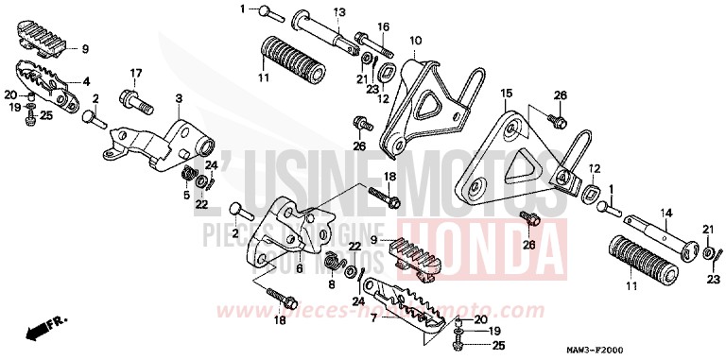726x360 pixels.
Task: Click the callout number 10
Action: pyautogui.click(x=415, y=41)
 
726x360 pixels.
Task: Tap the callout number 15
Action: pyautogui.click(x=506, y=94)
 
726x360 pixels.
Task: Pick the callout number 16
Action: pyautogui.click(x=384, y=26)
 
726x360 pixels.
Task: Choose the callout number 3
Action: pyautogui.click(x=179, y=98)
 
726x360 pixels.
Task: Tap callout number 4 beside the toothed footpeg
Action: pyautogui.click(x=86, y=81)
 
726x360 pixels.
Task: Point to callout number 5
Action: pyautogui.click(x=187, y=196)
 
